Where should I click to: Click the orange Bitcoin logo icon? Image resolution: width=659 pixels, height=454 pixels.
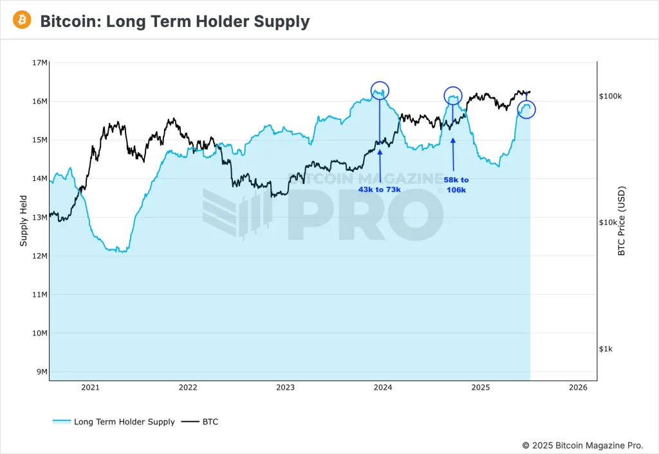22,21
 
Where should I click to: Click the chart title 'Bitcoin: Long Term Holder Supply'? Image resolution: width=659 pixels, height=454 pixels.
175,21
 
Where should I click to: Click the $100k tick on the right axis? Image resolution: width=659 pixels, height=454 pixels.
610,96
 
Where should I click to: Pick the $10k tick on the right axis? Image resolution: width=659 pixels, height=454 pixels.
610,222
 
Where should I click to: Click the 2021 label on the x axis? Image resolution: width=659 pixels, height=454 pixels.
90,388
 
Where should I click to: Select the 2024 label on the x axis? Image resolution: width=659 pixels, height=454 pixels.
383,388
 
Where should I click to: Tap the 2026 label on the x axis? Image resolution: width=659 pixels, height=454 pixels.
578,388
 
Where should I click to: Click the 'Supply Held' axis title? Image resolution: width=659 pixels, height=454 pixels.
24,220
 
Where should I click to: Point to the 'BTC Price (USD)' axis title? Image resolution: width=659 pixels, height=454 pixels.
622,221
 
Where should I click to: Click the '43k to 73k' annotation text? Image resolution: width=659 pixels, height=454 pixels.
379,190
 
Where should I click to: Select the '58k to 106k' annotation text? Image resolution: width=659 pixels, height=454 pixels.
456,185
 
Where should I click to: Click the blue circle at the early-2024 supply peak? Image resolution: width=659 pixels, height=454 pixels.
380,91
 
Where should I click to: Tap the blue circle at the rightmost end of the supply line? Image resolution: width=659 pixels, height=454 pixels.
526,109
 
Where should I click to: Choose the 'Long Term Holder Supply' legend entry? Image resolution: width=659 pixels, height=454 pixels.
114,422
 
